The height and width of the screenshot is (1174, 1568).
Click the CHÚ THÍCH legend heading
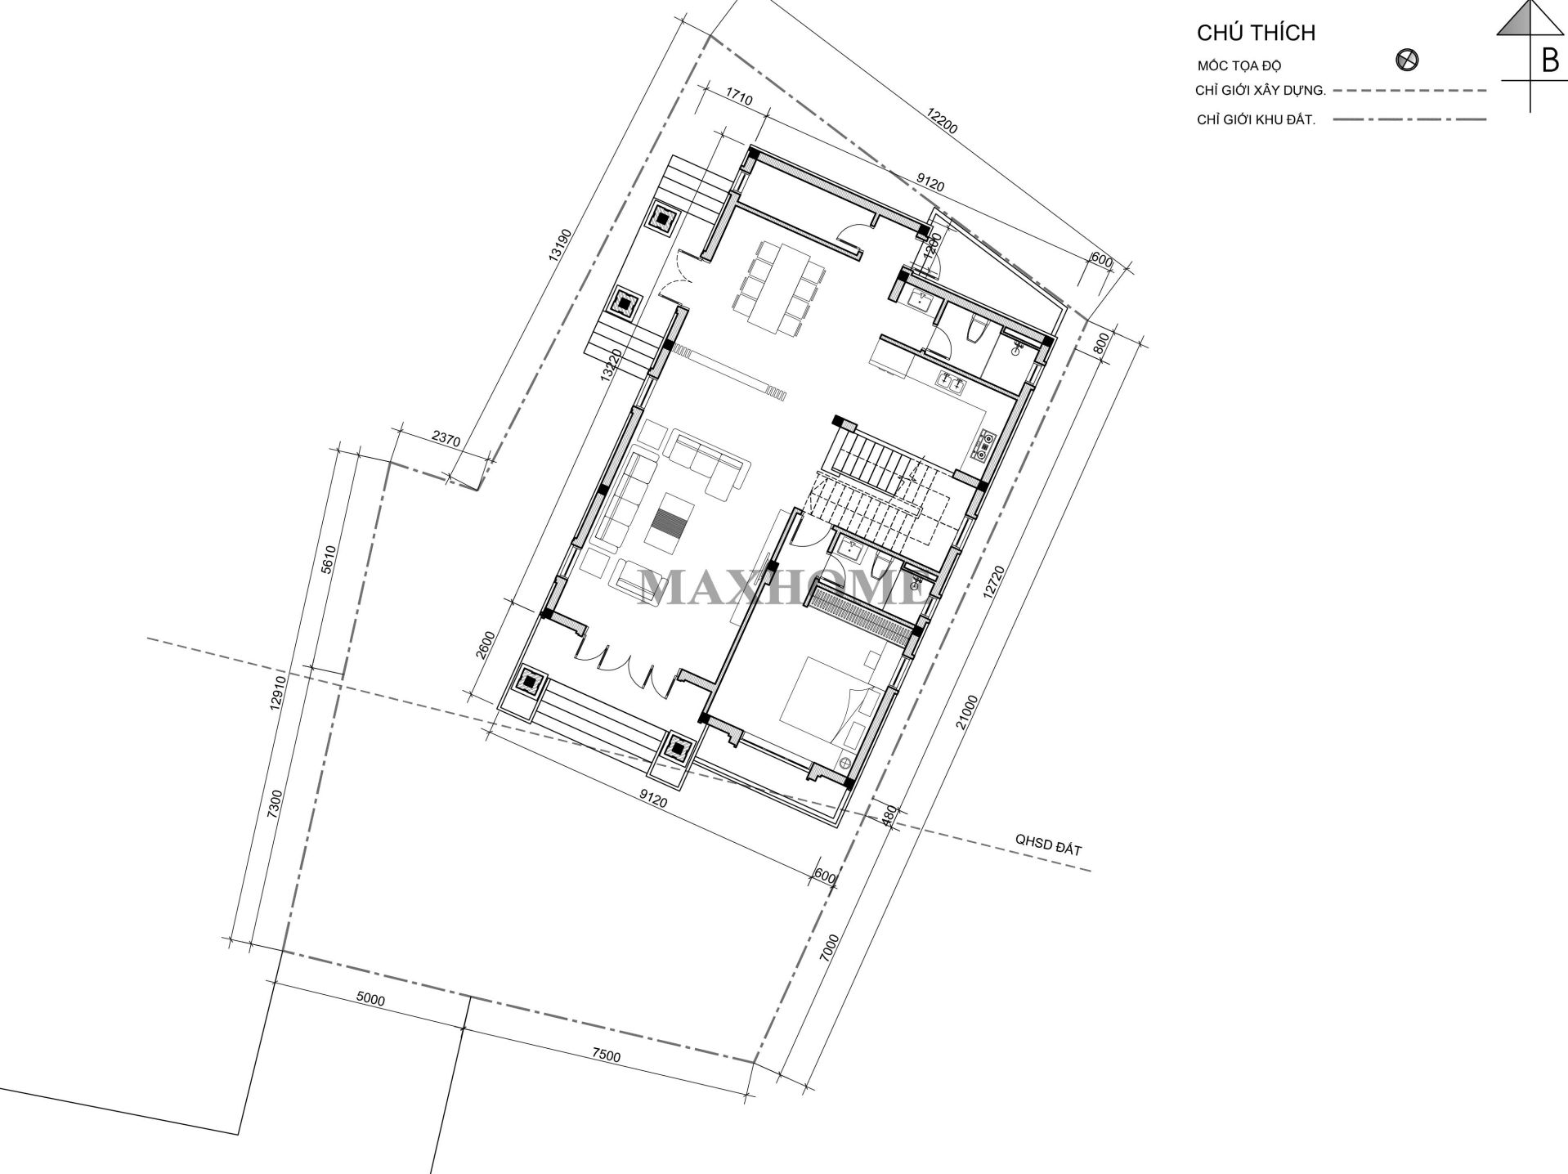point(1256,34)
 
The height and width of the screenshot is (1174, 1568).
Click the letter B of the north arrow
point(1549,60)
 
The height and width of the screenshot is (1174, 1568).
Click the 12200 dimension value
point(941,121)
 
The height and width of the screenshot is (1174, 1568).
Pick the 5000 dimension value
point(370,1000)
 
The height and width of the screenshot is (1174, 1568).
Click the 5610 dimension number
point(329,560)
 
